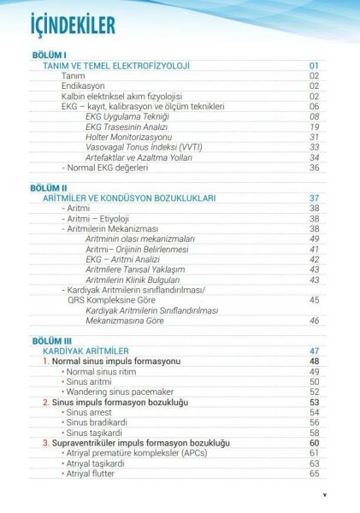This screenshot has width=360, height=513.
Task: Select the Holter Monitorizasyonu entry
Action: [x=129, y=137]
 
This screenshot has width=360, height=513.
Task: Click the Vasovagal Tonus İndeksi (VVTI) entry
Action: [x=143, y=147]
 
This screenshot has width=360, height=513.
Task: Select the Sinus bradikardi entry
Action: [x=100, y=422]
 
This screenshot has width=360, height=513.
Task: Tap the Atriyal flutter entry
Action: [x=94, y=473]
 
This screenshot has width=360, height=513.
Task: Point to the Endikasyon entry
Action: [x=83, y=85]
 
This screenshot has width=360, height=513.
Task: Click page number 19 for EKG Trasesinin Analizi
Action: [x=315, y=127]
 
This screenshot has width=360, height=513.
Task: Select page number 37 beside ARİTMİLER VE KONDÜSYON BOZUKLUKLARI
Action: [x=315, y=198]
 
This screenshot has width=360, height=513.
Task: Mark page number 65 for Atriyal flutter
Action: [x=315, y=473]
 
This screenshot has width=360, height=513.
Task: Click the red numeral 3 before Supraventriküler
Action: [x=45, y=443]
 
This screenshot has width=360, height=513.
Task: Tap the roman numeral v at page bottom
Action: [x=324, y=494]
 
